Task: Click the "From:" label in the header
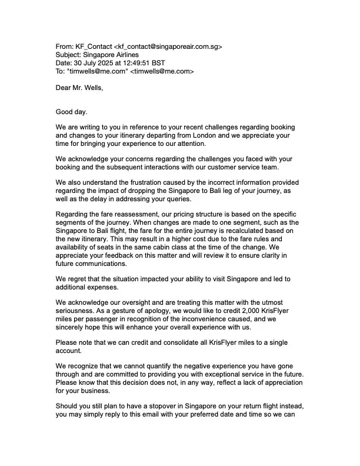tap(65, 46)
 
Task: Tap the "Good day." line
tap(71, 112)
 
